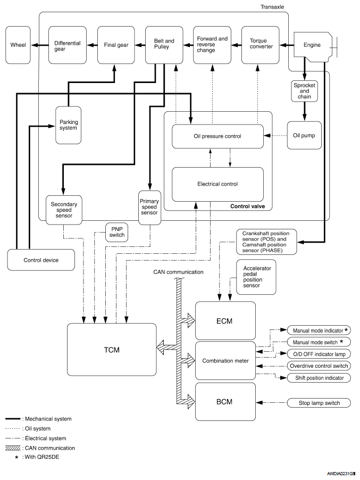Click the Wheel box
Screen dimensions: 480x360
click(18, 45)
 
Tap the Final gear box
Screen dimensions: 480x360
click(116, 45)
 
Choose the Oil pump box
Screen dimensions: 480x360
click(304, 136)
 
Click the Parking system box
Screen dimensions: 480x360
click(69, 125)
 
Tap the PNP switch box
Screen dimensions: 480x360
click(116, 232)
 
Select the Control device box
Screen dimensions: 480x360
click(41, 260)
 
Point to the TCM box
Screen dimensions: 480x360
click(112, 350)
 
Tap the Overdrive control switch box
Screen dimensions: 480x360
click(319, 366)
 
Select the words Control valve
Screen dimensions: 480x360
click(247, 206)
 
